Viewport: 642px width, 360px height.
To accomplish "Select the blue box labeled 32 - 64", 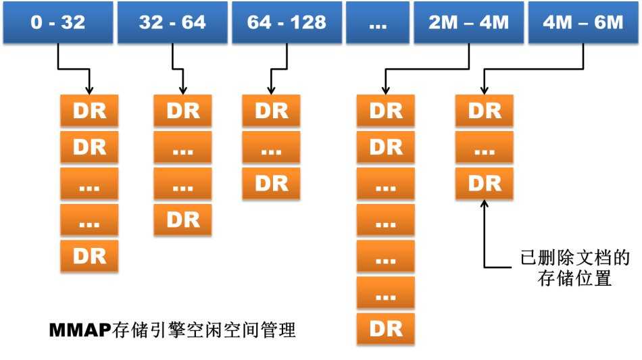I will (x=172, y=23).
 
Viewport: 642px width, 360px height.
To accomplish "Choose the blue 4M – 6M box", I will (x=582, y=23).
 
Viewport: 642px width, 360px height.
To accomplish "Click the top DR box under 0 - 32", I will (x=89, y=110).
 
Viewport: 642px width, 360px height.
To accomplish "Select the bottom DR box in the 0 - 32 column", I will (x=89, y=255).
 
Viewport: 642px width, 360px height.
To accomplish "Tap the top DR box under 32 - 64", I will (x=182, y=110).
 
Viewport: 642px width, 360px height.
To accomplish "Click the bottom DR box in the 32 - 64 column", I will (x=182, y=219).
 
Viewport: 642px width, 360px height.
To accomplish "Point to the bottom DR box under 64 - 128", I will (x=270, y=183).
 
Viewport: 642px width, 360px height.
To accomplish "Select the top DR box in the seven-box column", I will (x=385, y=110).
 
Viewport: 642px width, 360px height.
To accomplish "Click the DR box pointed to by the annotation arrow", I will (x=484, y=183).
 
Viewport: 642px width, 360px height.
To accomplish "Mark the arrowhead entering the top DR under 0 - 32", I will (x=89, y=91).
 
